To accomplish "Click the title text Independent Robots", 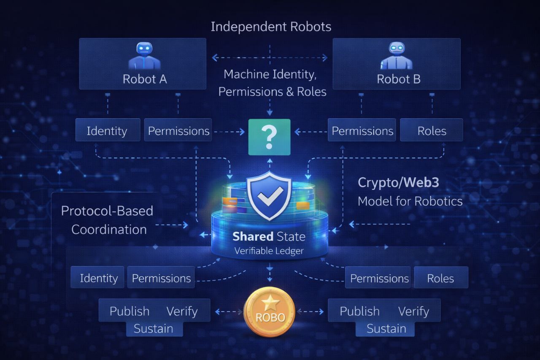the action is point(271,27).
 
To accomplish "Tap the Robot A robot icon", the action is point(144,55).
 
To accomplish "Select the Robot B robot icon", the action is point(396,55).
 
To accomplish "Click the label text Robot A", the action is point(144,79).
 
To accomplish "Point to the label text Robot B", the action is point(398,79).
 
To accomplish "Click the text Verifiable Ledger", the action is point(269,251).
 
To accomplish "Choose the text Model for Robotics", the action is point(410,201).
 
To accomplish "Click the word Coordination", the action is point(109,230).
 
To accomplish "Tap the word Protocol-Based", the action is point(107,211).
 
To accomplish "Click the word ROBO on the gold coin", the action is point(269,317).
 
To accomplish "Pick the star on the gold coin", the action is point(269,302).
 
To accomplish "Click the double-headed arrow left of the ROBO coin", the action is point(229,312).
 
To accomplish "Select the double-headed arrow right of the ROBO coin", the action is point(310,312).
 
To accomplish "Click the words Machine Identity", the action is point(270,74).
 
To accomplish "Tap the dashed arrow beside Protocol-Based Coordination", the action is point(172,225).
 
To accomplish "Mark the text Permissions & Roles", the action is point(272,92).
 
